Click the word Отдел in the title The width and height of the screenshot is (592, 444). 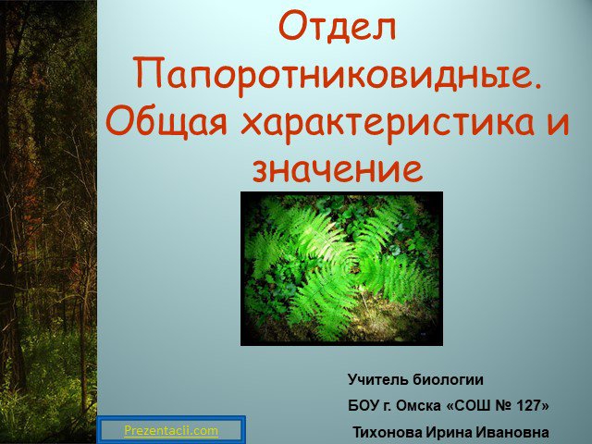click(337, 27)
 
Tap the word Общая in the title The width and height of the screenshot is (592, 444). click(166, 122)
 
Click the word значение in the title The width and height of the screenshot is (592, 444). click(337, 168)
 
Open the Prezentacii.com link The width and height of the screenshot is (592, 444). click(171, 430)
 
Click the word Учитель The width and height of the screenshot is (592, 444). click(377, 379)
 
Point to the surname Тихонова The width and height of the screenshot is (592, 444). click(388, 432)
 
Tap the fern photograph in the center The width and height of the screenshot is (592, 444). click(341, 268)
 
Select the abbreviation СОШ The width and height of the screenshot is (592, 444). click(471, 406)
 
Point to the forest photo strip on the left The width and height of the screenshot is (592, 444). click(48, 222)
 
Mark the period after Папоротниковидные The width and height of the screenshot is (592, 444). click(537, 86)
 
